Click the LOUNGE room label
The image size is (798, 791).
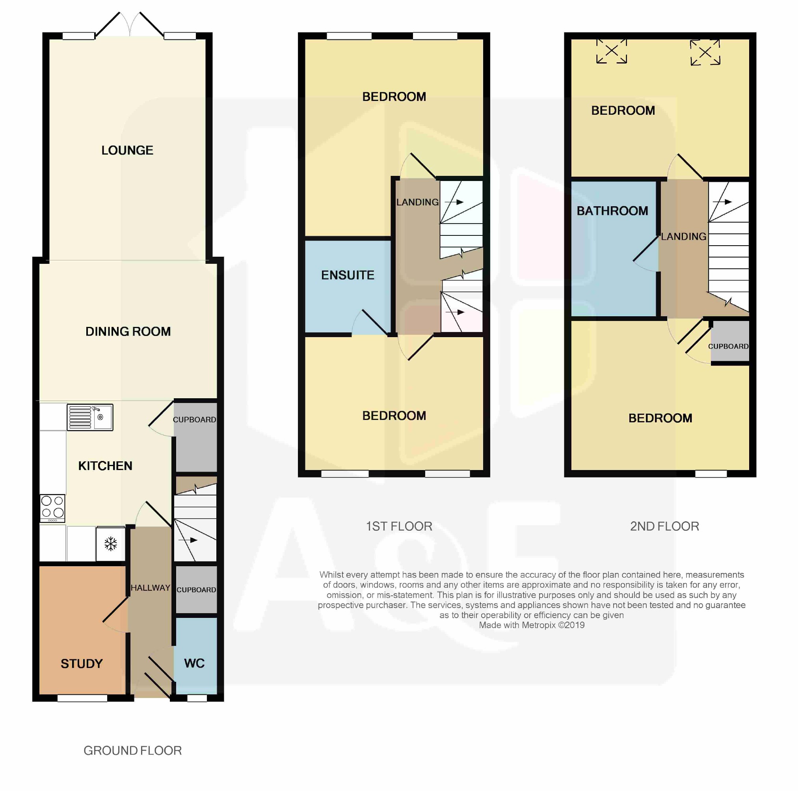tap(127, 150)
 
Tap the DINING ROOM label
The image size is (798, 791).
tap(128, 332)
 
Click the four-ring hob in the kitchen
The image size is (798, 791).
tap(52, 508)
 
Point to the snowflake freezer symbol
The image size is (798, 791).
tap(111, 544)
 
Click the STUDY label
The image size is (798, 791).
tap(82, 663)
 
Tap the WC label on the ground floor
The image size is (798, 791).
tap(195, 663)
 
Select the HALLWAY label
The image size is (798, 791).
tap(151, 588)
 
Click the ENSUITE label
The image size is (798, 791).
tap(348, 275)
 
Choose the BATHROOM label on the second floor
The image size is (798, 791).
tap(612, 211)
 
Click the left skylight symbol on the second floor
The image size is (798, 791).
tap(612, 51)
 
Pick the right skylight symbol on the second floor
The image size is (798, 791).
tap(705, 52)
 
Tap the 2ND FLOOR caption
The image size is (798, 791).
tap(664, 526)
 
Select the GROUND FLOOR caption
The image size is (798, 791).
tap(132, 750)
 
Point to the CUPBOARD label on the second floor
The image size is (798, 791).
tap(728, 346)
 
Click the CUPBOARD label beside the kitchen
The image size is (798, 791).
tap(195, 420)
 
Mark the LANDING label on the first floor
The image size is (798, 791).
tap(418, 202)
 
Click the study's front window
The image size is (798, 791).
tap(82, 698)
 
